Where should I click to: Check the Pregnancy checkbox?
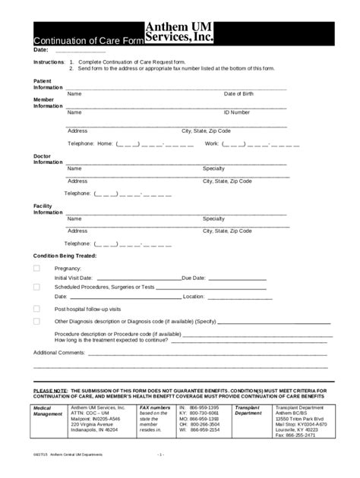click(x=36, y=269)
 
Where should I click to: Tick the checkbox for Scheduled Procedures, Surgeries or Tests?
click(x=36, y=287)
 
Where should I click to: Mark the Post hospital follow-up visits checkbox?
click(x=36, y=309)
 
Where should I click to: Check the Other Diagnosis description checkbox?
click(x=36, y=321)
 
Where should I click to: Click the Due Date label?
click(x=194, y=278)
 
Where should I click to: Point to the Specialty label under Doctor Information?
click(x=213, y=168)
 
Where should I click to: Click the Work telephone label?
click(x=212, y=143)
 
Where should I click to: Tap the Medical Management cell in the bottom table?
click(x=48, y=410)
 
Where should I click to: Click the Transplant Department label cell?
click(x=248, y=410)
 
